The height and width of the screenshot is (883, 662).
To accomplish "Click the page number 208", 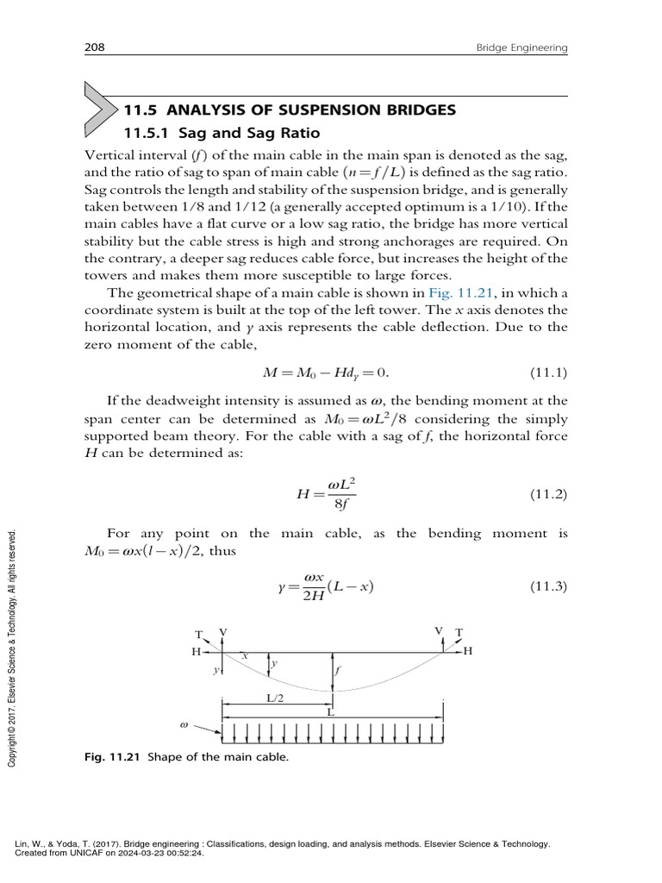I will click(94, 49).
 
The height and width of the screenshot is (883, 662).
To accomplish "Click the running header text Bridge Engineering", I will click(521, 49).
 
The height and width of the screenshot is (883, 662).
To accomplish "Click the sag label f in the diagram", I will click(340, 669).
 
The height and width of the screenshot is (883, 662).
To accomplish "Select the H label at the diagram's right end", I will click(468, 652).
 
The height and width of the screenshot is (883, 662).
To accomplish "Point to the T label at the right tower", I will click(459, 632).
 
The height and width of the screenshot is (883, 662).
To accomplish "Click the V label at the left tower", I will click(223, 632).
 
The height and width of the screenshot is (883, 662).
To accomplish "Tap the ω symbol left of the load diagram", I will click(184, 725).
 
